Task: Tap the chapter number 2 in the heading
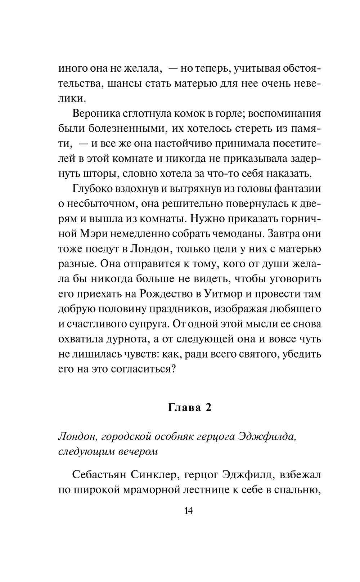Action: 208,408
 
